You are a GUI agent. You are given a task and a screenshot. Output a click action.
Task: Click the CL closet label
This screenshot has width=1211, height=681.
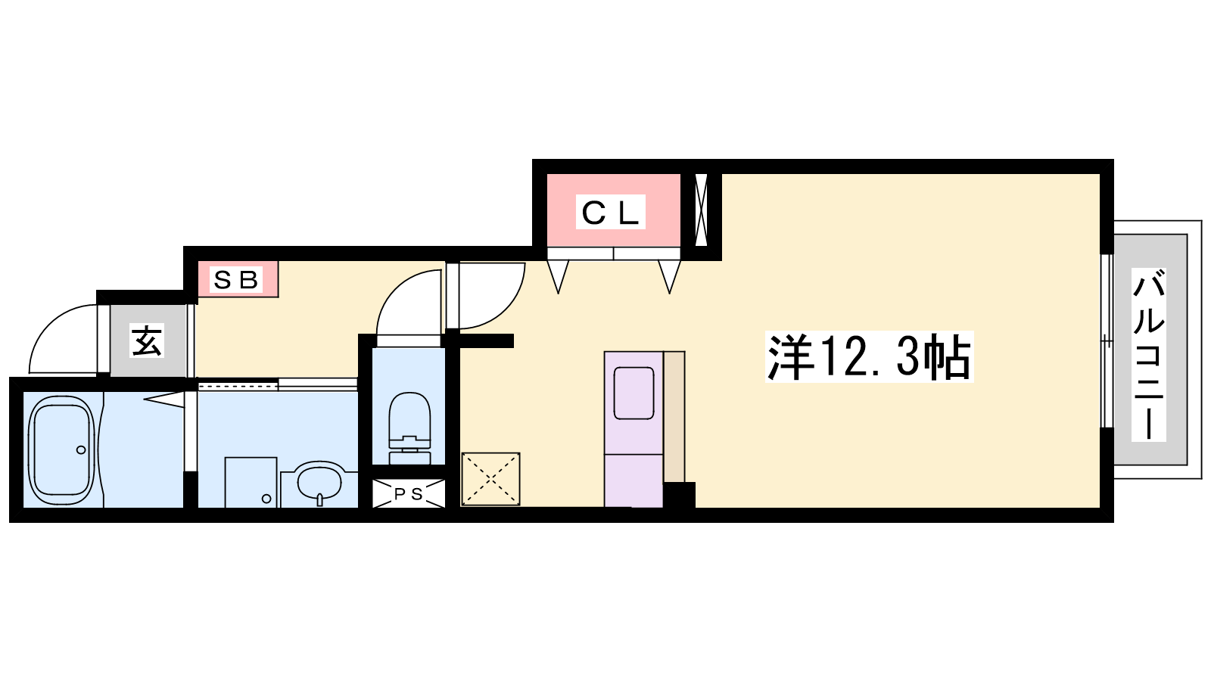[x=610, y=212]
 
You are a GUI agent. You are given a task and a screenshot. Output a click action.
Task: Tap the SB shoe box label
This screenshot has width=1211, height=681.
[x=235, y=279]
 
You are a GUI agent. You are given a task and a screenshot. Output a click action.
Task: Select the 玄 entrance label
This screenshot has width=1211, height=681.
[x=147, y=340]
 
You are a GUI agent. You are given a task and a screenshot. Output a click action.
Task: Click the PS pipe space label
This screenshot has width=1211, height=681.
[x=408, y=494]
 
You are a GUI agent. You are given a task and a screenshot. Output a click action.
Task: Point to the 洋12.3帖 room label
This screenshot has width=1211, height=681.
[x=870, y=356]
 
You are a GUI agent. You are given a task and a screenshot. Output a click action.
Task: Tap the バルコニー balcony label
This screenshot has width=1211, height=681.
[x=1148, y=355]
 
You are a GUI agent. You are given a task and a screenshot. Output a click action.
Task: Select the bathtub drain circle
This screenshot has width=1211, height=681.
[x=81, y=449]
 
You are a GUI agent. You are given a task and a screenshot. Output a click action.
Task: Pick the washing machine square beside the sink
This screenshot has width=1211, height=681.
[x=251, y=483]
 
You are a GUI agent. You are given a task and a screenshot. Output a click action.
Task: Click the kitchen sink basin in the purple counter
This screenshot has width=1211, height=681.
[x=634, y=393]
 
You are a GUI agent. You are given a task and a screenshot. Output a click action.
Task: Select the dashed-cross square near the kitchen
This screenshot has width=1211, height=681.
[x=490, y=480]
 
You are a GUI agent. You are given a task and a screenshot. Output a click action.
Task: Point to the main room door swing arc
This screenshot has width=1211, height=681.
[x=509, y=308]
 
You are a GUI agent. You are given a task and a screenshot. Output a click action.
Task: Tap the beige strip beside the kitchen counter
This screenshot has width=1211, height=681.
[x=674, y=417]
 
